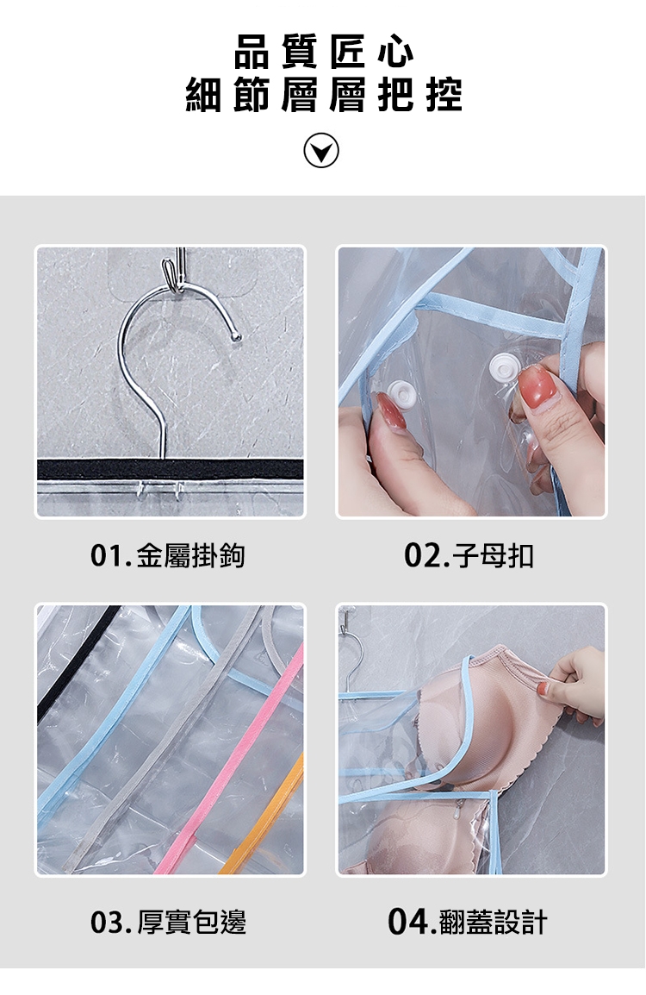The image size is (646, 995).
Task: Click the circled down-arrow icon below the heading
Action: pyautogui.click(x=320, y=150)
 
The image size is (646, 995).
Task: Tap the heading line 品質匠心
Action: pyautogui.click(x=324, y=52)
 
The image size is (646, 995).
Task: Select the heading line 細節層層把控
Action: pyautogui.click(x=323, y=95)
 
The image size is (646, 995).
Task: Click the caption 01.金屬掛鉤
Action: pyautogui.click(x=167, y=555)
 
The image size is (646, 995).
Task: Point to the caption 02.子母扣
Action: pyautogui.click(x=469, y=555)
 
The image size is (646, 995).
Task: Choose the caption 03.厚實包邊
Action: pyautogui.click(x=168, y=922)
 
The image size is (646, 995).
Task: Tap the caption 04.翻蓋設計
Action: pyautogui.click(x=467, y=922)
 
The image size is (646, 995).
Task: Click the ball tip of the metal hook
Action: pyautogui.click(x=237, y=335)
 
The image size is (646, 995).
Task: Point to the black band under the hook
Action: pyautogui.click(x=170, y=470)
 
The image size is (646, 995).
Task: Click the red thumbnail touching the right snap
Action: pyautogui.click(x=534, y=387)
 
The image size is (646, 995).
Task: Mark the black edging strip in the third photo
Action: pyautogui.click(x=77, y=662)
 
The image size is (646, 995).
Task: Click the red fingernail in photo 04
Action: pyautogui.click(x=543, y=689)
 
